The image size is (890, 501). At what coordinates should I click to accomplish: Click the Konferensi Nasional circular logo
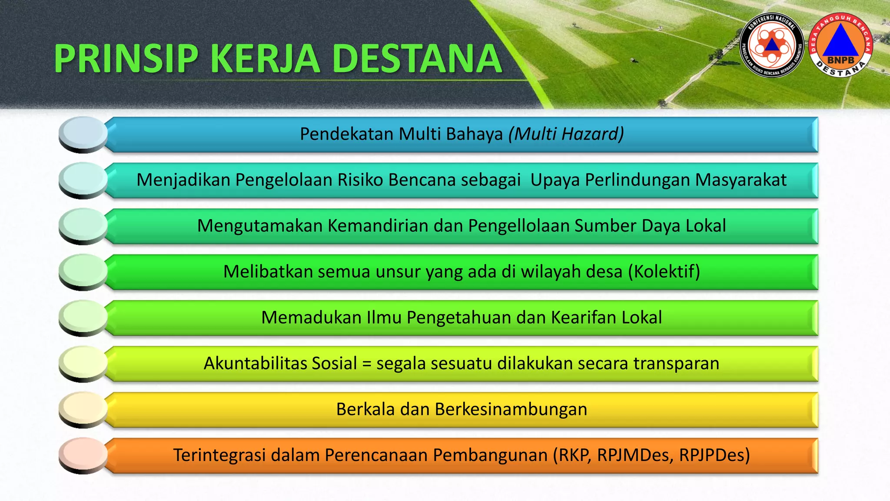click(771, 45)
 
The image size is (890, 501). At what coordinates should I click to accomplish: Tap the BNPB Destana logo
click(841, 45)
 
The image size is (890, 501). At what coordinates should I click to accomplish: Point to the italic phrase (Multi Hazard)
click(566, 134)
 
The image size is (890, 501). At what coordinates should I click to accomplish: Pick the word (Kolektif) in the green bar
click(664, 272)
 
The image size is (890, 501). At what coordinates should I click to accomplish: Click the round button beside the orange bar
click(83, 454)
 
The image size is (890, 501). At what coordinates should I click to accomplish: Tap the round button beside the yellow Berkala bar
click(83, 407)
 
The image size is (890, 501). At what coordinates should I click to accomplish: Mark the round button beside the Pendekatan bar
click(83, 132)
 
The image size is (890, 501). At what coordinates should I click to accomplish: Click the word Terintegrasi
click(219, 455)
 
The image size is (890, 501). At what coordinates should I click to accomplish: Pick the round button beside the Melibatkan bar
click(83, 270)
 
